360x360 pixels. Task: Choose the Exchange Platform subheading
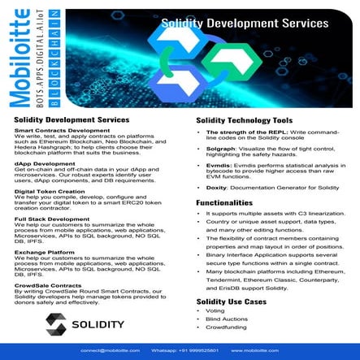click(41, 252)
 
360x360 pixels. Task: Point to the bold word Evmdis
click(219, 163)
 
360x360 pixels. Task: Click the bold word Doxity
click(217, 187)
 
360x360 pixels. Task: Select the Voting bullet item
click(215, 311)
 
